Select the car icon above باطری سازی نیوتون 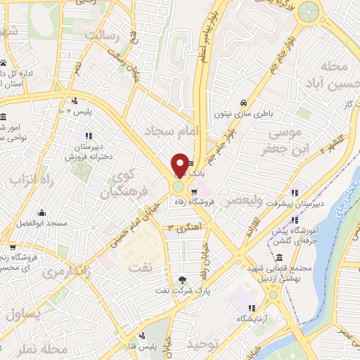243,101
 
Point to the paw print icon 4,63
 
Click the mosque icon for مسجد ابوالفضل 41,212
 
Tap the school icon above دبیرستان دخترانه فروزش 88,136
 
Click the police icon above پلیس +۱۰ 75,101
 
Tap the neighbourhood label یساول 22,313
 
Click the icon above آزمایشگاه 250,307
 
